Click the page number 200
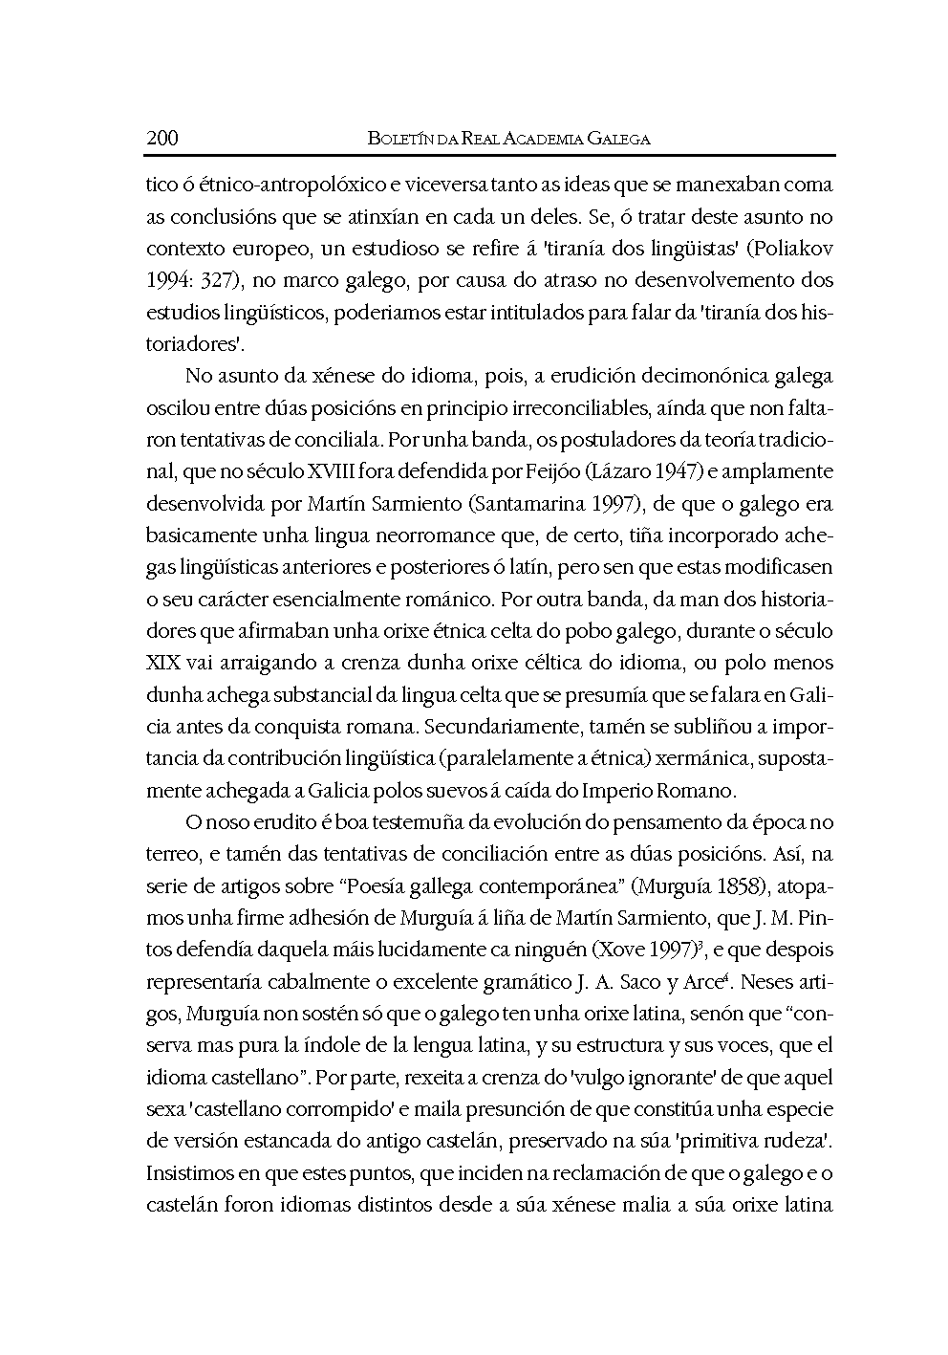coord(162,139)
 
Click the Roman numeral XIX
coord(163,663)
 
